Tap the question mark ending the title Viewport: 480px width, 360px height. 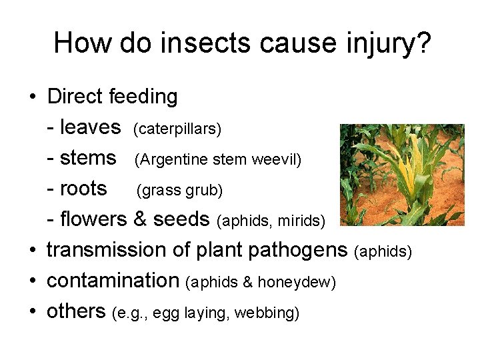423,43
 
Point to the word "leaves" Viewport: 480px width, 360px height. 91,127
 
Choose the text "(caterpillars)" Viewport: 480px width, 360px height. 177,129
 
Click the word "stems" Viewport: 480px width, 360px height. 89,158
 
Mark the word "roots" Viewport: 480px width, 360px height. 84,189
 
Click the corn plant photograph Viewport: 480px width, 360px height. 401,175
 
